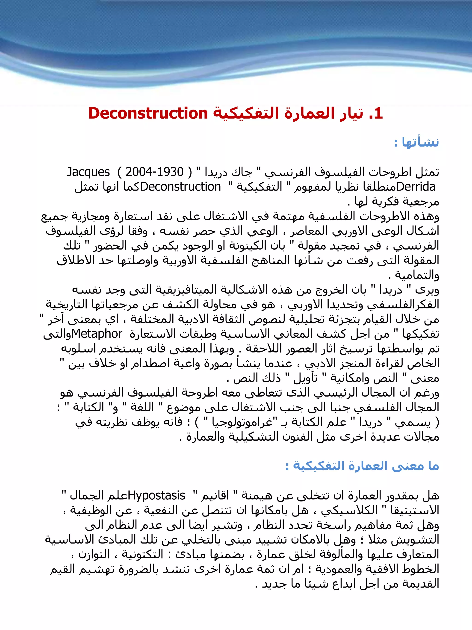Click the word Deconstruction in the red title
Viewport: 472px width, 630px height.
coord(148,113)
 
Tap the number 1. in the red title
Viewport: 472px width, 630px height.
coord(376,113)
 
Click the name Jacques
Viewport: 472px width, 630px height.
coord(88,172)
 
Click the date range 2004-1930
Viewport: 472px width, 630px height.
coord(154,172)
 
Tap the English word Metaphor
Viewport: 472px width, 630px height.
coord(97,334)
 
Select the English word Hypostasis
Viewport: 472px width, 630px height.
coord(157,496)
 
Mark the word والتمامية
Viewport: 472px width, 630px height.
coord(416,275)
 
